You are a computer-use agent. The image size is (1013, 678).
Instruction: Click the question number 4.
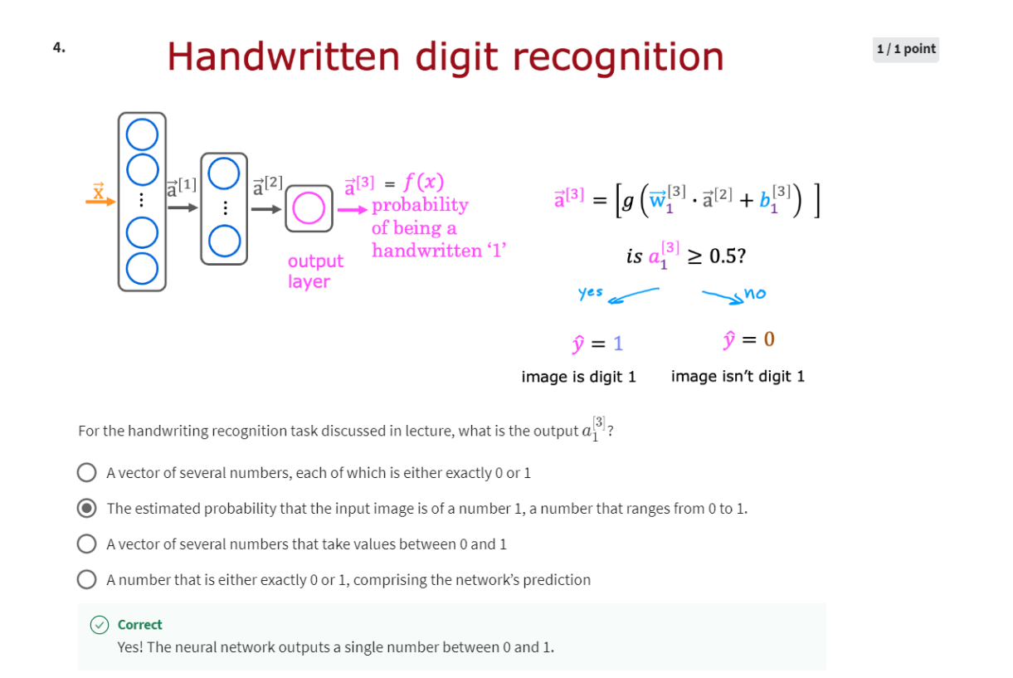click(x=59, y=47)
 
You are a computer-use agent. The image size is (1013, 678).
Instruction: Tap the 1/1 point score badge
click(x=905, y=49)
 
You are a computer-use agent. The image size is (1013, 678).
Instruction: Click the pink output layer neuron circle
click(x=309, y=208)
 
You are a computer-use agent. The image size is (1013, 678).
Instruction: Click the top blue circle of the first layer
click(x=142, y=134)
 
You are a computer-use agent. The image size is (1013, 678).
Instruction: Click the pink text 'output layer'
click(x=315, y=271)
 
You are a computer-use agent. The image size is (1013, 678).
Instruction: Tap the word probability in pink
click(x=420, y=204)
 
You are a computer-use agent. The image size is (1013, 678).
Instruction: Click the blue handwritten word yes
click(x=590, y=292)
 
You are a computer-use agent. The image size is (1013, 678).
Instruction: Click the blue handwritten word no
click(x=755, y=293)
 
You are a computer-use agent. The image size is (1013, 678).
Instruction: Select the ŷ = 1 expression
click(x=592, y=342)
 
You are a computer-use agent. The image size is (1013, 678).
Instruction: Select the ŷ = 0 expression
click(x=749, y=339)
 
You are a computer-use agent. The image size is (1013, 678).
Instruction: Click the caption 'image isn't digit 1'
click(x=738, y=377)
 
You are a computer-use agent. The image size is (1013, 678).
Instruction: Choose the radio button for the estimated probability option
click(x=86, y=508)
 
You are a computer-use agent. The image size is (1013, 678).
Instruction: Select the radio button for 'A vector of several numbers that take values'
click(x=86, y=544)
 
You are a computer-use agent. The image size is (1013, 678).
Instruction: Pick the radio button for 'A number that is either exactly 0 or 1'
click(x=86, y=579)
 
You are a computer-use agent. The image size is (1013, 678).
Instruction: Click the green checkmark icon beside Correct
click(x=100, y=625)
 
